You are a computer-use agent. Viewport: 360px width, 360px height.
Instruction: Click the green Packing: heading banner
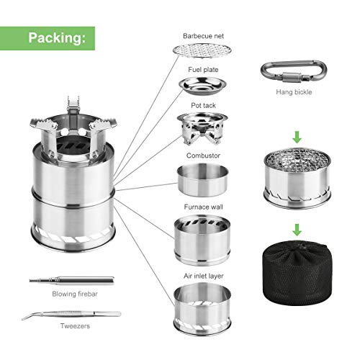point(48,38)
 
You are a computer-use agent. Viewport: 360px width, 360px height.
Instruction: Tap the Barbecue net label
point(203,36)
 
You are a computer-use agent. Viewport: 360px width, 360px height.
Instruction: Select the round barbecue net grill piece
point(202,50)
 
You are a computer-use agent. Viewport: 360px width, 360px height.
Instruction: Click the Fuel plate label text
point(203,70)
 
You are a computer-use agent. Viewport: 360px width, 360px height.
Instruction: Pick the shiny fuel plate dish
point(202,86)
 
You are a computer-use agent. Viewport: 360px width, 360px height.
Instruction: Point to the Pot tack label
point(203,105)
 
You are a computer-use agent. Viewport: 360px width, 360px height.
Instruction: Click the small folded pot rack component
point(202,128)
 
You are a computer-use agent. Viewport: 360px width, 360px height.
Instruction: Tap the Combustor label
point(203,156)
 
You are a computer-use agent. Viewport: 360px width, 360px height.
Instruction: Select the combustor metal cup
point(202,180)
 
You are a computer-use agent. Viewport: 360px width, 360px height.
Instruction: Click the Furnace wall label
point(203,207)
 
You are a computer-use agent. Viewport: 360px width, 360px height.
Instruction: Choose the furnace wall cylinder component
point(202,240)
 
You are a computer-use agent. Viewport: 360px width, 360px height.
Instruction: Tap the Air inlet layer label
point(204,276)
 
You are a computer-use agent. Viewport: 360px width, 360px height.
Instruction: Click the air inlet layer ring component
point(202,310)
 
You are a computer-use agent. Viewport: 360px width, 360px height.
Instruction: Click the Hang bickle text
point(294,92)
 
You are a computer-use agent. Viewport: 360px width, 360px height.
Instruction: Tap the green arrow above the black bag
point(297,230)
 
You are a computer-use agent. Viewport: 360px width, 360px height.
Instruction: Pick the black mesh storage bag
point(297,271)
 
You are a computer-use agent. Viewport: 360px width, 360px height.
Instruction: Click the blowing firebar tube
point(72,280)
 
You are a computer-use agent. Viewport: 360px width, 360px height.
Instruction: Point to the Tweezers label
point(75,326)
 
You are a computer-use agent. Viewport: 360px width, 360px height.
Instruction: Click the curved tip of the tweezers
point(23,318)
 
